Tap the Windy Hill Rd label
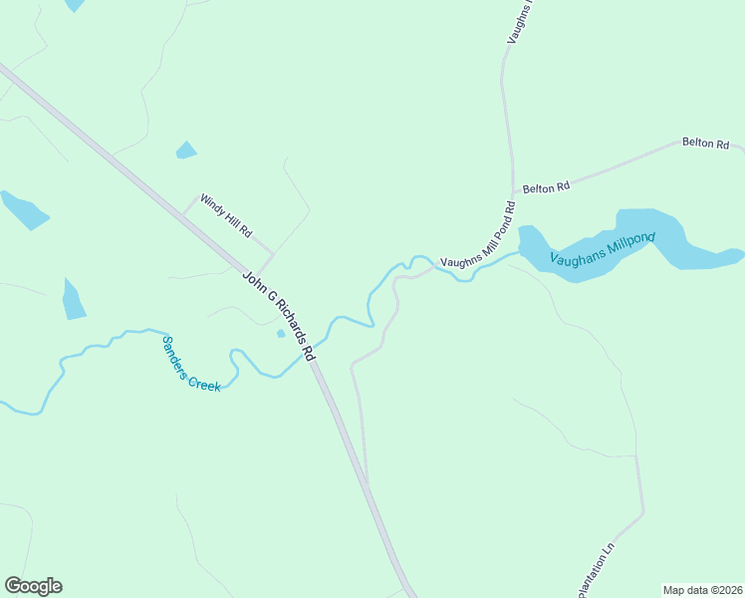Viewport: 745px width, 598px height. pos(227,215)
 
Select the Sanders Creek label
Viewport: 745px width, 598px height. pos(190,363)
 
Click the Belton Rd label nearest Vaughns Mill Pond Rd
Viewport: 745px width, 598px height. pos(546,186)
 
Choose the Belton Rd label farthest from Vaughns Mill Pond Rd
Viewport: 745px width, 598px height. pos(705,144)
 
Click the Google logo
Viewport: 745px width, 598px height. pos(33,586)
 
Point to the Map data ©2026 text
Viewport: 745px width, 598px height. pos(701,589)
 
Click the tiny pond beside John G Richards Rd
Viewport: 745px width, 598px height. pos(281,333)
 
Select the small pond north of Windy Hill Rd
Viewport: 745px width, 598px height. pos(185,150)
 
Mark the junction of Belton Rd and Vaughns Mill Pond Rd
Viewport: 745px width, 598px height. pos(513,192)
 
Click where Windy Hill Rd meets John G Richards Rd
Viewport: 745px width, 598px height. pos(184,212)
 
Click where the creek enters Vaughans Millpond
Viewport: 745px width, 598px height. pos(519,253)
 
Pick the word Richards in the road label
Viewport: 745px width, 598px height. pos(285,321)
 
